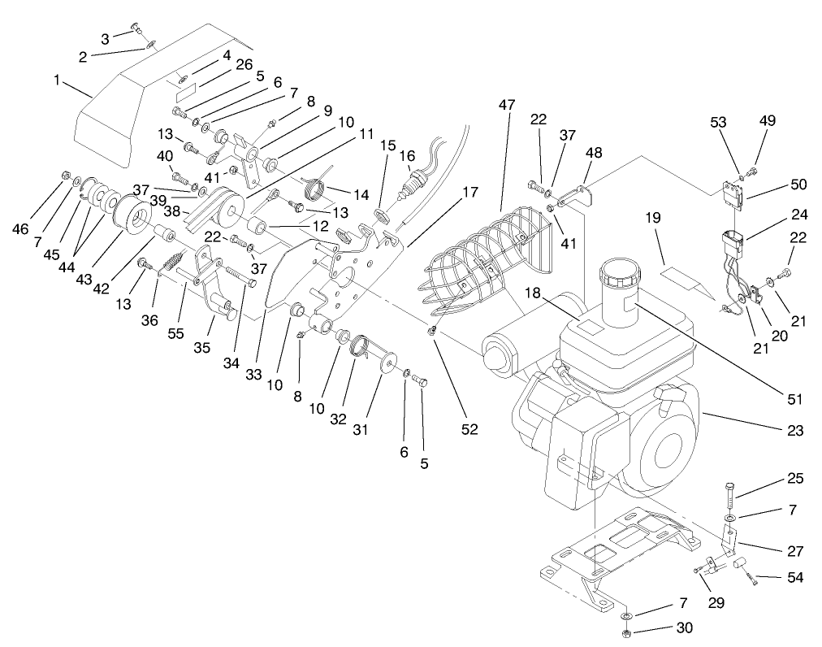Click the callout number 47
[508, 106]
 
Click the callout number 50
[798, 185]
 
